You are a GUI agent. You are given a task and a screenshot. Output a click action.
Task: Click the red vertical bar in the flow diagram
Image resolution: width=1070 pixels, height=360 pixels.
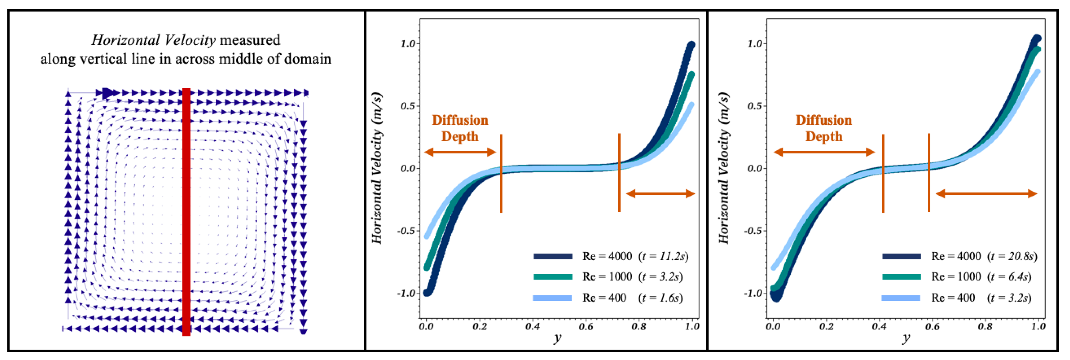tap(187, 212)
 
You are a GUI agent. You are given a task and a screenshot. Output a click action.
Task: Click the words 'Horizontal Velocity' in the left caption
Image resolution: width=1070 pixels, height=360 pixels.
tap(153, 40)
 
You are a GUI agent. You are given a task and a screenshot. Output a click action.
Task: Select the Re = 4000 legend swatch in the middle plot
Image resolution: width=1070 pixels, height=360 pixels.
tap(553, 256)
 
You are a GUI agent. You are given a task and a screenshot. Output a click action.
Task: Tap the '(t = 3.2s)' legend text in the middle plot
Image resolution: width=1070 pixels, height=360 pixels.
tap(661, 277)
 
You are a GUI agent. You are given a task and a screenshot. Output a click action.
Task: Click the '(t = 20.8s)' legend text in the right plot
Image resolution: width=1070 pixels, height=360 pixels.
tap(1012, 256)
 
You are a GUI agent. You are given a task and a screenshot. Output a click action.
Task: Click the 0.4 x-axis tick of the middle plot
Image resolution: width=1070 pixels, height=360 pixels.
tap(532, 327)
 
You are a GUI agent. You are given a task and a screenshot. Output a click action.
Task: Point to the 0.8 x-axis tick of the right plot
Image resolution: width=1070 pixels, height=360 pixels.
tap(985, 327)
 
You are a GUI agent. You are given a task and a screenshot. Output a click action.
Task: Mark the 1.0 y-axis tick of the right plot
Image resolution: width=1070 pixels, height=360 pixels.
tap(754, 44)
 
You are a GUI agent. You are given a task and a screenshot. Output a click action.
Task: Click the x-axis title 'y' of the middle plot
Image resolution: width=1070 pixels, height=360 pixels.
tap(557, 338)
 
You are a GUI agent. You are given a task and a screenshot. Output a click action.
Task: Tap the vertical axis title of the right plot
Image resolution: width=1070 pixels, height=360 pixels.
tap(723, 168)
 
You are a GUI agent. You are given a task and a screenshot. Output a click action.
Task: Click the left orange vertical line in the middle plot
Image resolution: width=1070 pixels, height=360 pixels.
tap(501, 173)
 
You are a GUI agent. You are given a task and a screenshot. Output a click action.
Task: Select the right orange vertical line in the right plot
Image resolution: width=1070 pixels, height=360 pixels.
tap(929, 173)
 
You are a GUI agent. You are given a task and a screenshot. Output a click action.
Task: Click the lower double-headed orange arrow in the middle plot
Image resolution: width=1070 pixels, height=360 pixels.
tap(661, 193)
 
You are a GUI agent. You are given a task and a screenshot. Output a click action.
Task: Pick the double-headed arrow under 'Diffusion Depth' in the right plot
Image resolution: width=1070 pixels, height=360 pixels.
tap(825, 152)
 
